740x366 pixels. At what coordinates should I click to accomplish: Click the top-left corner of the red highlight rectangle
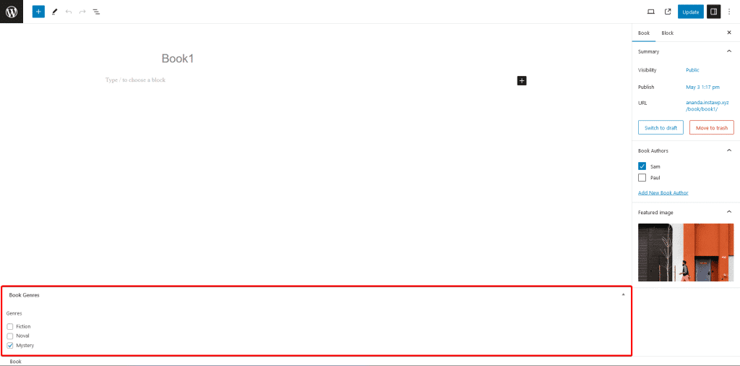click(x=1, y=286)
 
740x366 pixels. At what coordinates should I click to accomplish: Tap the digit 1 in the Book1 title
click(x=191, y=59)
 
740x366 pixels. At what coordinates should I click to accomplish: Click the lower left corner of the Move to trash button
click(x=689, y=135)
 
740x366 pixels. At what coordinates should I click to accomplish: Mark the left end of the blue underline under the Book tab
click(x=632, y=41)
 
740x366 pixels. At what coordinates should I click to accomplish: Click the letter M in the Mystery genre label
click(x=18, y=345)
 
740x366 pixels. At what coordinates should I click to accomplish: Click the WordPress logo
click(x=12, y=12)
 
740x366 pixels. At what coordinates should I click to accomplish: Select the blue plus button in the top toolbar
click(x=38, y=12)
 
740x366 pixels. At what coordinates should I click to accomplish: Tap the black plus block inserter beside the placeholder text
click(x=522, y=81)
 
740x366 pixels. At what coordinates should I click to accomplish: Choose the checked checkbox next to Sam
click(x=642, y=166)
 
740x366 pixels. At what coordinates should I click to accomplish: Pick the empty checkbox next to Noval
click(x=10, y=336)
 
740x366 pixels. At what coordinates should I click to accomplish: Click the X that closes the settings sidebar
click(x=729, y=33)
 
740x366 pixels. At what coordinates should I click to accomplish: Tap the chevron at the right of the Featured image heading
click(x=729, y=212)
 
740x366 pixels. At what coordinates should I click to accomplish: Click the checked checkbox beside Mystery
click(x=10, y=346)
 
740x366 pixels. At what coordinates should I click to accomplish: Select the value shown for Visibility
click(x=692, y=70)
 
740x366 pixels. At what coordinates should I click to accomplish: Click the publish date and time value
click(x=702, y=87)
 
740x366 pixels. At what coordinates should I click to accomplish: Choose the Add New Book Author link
click(x=663, y=192)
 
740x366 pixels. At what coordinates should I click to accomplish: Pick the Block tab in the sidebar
click(x=667, y=33)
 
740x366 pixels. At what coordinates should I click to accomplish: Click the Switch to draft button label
click(x=661, y=128)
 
